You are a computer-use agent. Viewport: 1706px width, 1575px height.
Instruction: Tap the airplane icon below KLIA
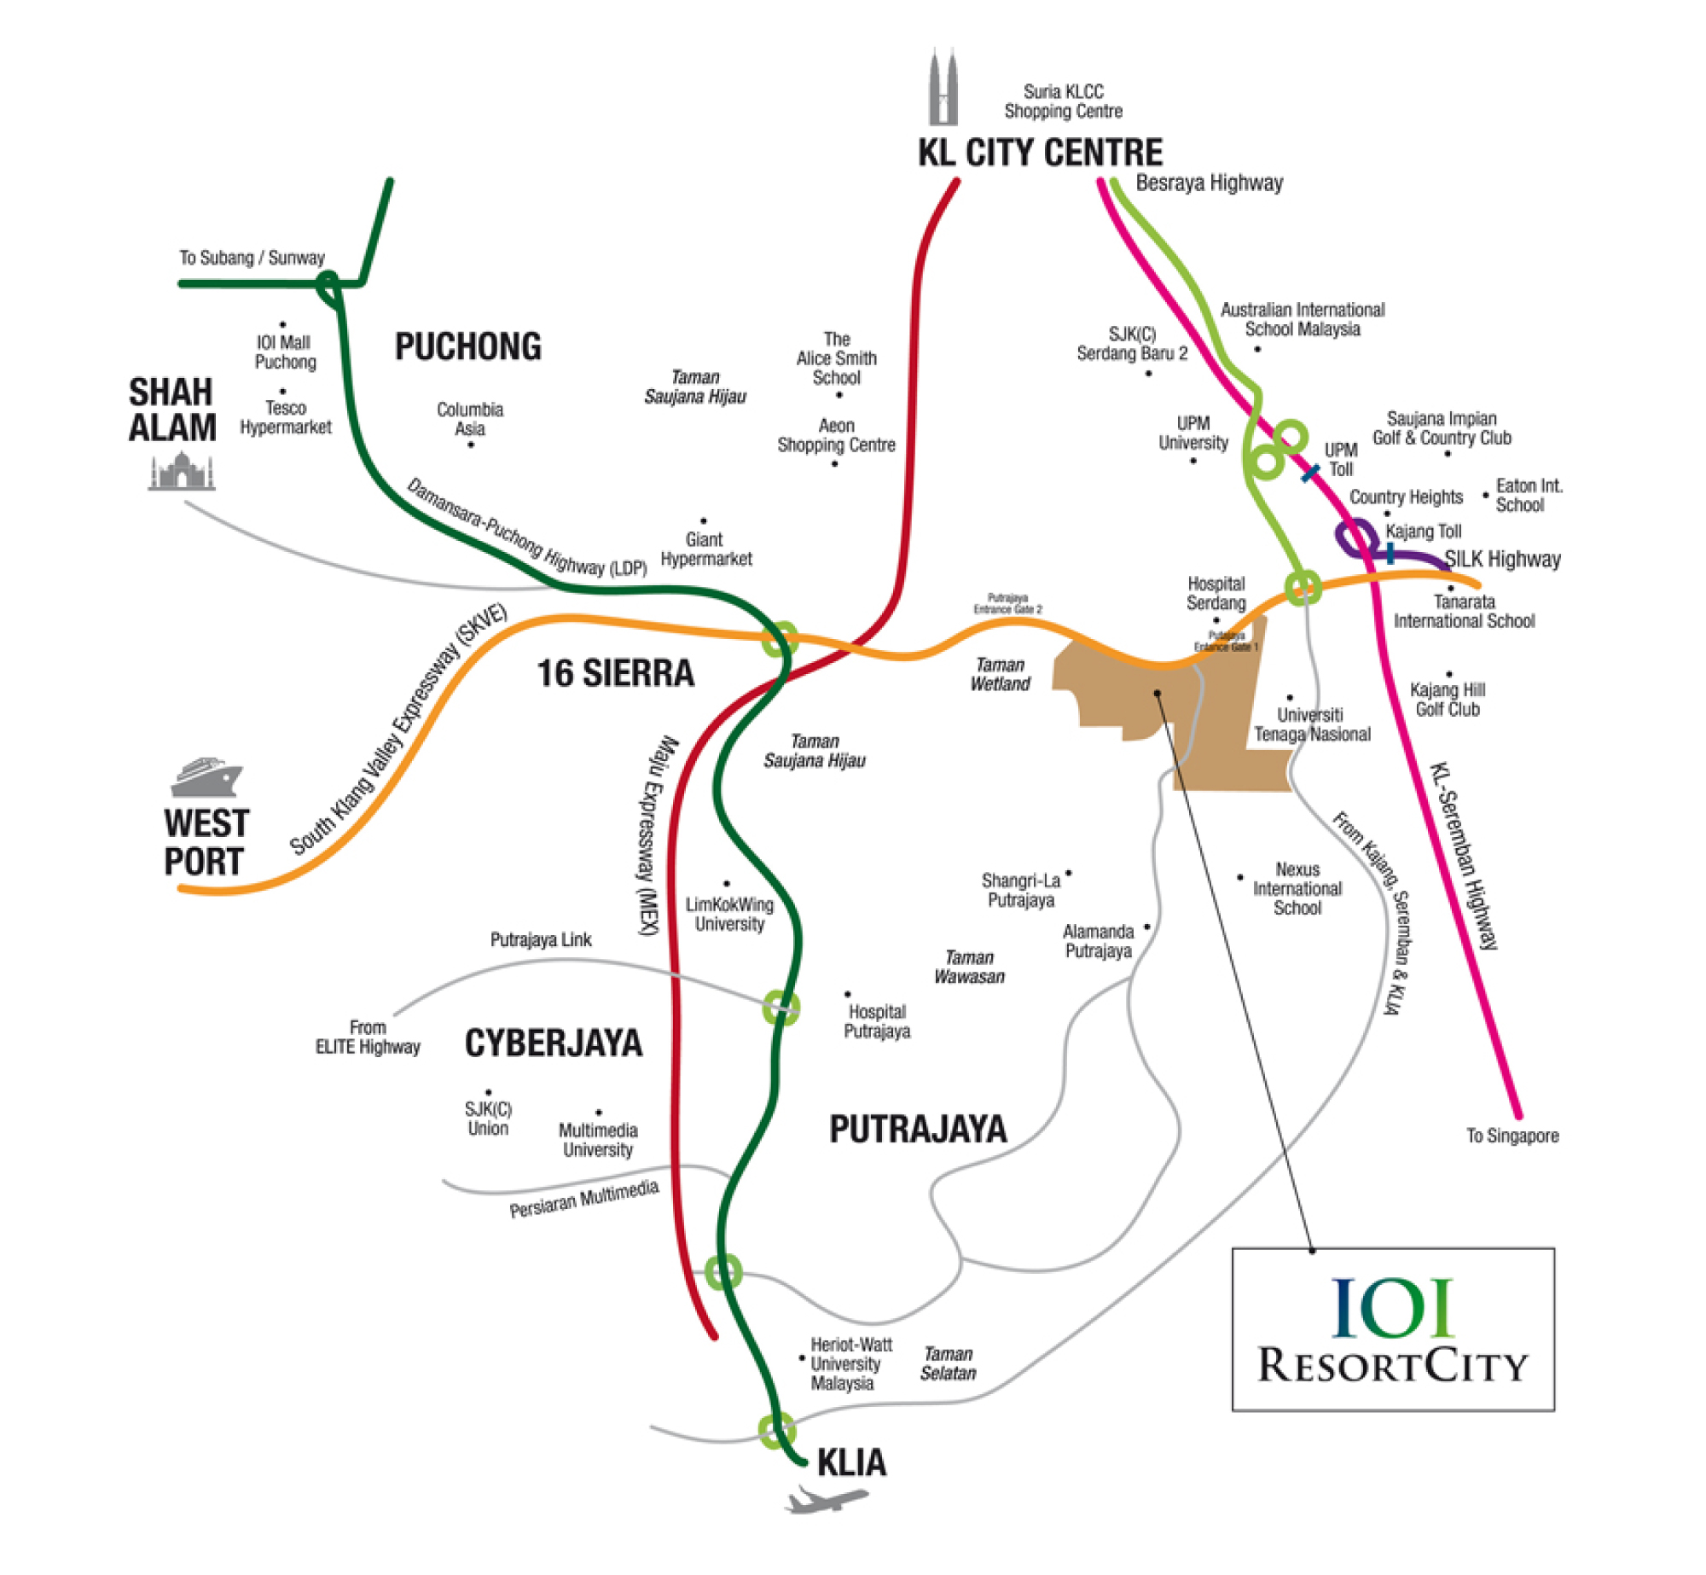pyautogui.click(x=826, y=1498)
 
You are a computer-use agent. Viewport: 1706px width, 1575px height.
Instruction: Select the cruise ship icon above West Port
pyautogui.click(x=206, y=777)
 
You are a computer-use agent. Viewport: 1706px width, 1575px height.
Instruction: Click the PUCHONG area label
pyautogui.click(x=467, y=347)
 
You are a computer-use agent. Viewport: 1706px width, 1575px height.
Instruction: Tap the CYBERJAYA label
pyautogui.click(x=553, y=1043)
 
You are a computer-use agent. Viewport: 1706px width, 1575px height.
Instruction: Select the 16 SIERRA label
pyautogui.click(x=615, y=673)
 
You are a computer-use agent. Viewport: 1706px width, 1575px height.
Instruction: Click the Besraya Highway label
pyautogui.click(x=1209, y=183)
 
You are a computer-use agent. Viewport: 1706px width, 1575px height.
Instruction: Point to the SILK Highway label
pyautogui.click(x=1502, y=559)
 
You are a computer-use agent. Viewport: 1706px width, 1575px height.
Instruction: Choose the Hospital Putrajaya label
pyautogui.click(x=877, y=1021)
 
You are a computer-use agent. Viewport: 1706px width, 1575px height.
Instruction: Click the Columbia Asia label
pyautogui.click(x=470, y=419)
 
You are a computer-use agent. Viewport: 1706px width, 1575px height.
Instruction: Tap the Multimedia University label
pyautogui.click(x=598, y=1140)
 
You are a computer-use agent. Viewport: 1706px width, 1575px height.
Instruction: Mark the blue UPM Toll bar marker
pyautogui.click(x=1310, y=472)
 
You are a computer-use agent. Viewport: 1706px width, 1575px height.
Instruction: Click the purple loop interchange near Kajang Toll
pyautogui.click(x=1355, y=538)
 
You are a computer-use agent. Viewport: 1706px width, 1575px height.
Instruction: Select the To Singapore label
pyautogui.click(x=1512, y=1136)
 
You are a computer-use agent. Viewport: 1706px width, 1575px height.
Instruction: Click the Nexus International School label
pyautogui.click(x=1297, y=888)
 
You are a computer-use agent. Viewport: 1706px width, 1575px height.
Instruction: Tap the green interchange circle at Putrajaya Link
pyautogui.click(x=780, y=1008)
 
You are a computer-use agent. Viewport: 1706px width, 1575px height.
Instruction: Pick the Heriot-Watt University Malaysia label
pyautogui.click(x=850, y=1363)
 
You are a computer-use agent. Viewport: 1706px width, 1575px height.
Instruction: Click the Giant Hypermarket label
pyautogui.click(x=706, y=549)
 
